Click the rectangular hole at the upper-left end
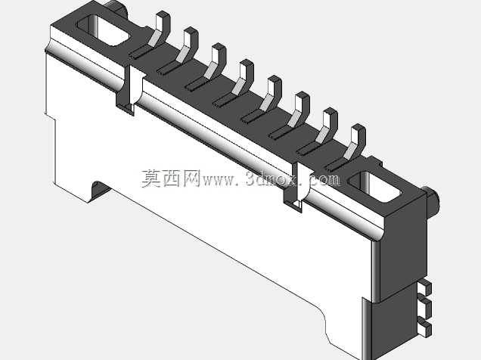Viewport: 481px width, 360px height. (x=103, y=31)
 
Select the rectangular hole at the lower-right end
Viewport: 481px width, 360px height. (x=376, y=187)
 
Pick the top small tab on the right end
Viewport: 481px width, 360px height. (x=426, y=287)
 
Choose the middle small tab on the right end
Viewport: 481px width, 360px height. (x=426, y=306)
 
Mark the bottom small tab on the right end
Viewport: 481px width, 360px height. (x=426, y=327)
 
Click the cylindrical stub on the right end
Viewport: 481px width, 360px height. (x=432, y=201)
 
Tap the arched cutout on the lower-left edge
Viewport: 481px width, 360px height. (x=99, y=190)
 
